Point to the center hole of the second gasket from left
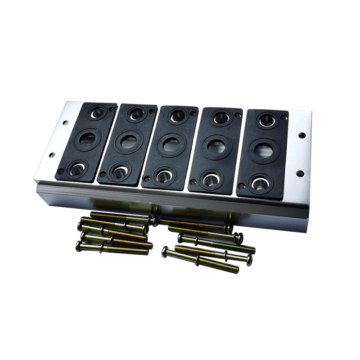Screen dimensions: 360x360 [x=129, y=142]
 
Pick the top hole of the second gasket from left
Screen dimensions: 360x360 [x=136, y=114]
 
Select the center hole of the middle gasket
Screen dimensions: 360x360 [x=171, y=145]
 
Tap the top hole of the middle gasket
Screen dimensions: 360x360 [x=177, y=116]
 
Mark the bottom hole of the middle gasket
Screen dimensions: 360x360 [x=164, y=175]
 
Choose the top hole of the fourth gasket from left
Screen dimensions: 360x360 [x=220, y=118]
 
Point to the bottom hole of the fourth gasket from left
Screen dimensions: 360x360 [x=211, y=178]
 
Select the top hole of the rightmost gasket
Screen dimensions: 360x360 [x=266, y=120]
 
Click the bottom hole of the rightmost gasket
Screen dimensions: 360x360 [x=260, y=182]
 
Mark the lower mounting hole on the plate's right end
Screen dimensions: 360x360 [x=299, y=173]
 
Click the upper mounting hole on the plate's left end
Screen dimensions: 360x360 [x=66, y=122]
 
